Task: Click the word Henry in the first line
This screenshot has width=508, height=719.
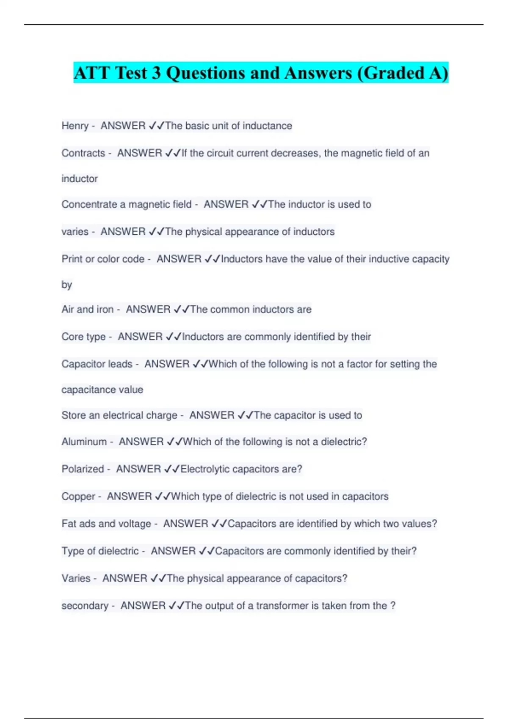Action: coord(75,126)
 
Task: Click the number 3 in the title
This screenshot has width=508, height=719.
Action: coord(156,73)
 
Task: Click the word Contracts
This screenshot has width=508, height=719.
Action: coord(83,153)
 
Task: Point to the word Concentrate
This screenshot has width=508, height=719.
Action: coord(89,205)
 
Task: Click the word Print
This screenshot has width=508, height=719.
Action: coord(72,259)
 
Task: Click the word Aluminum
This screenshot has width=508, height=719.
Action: coord(84,442)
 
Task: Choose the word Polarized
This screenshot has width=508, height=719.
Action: coord(83,469)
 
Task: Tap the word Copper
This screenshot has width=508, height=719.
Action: coord(78,497)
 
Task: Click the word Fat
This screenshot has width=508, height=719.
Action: coord(69,524)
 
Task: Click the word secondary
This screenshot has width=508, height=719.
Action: coord(85,606)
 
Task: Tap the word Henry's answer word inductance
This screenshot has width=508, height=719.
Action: coord(267,126)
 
